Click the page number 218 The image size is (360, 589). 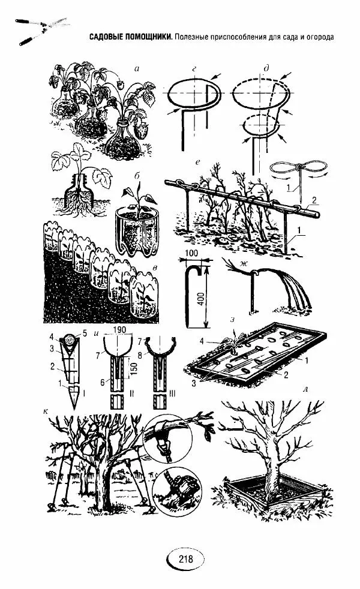185,558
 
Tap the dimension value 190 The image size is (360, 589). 119,329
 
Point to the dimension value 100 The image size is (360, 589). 191,253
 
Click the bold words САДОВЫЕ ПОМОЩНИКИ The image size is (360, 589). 131,37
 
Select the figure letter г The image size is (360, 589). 194,69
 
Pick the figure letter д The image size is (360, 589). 266,68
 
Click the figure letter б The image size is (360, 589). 137,176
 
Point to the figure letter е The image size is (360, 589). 197,163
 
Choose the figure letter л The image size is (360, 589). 305,389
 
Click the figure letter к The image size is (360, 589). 46,411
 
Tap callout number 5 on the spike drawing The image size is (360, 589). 85,333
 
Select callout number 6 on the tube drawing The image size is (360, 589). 102,382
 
